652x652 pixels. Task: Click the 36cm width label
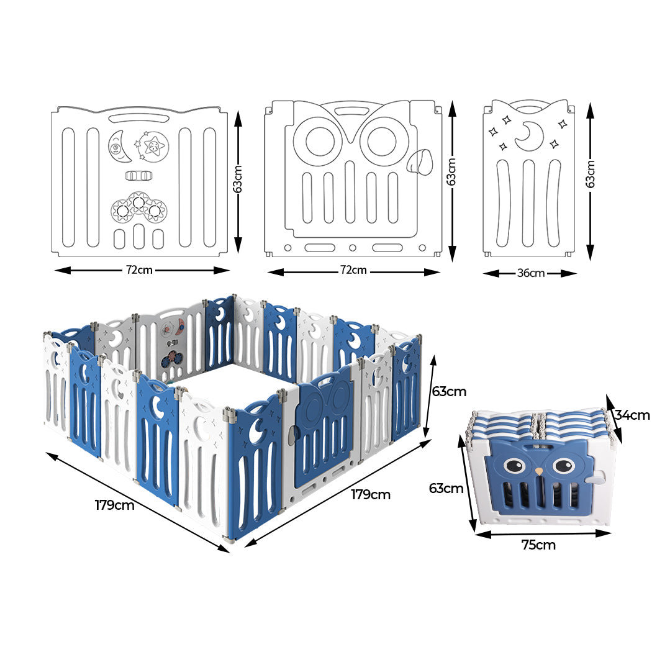point(530,273)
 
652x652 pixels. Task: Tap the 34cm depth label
point(632,415)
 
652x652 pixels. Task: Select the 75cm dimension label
point(538,545)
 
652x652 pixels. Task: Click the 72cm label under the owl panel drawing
point(353,271)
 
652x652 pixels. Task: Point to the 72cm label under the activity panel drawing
point(139,270)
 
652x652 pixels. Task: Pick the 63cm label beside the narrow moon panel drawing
point(591,174)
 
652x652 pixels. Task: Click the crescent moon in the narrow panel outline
point(531,134)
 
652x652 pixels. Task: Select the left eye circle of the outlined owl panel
point(317,141)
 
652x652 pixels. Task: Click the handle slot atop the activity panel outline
point(139,118)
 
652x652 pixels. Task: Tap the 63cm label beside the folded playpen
point(446,488)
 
